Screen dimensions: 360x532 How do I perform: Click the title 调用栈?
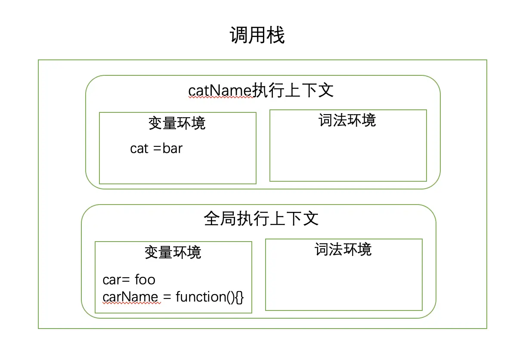257,35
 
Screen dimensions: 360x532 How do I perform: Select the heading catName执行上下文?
261,90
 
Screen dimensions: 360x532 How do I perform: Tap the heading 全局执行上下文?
261,219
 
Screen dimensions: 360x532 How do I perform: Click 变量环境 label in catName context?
177,123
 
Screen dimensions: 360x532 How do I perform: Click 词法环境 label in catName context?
347,120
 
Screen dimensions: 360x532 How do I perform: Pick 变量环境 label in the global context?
173,252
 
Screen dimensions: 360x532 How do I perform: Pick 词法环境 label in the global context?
343,249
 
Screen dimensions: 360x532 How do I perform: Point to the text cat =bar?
156,149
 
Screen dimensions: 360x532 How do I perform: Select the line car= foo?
129,280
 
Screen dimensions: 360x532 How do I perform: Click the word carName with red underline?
130,297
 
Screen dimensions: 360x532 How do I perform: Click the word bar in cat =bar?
173,149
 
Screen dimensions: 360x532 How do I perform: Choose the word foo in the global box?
145,280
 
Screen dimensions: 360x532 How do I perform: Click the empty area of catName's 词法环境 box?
348,155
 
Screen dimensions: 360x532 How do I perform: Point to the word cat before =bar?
139,149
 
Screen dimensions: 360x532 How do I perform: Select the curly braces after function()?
239,297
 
